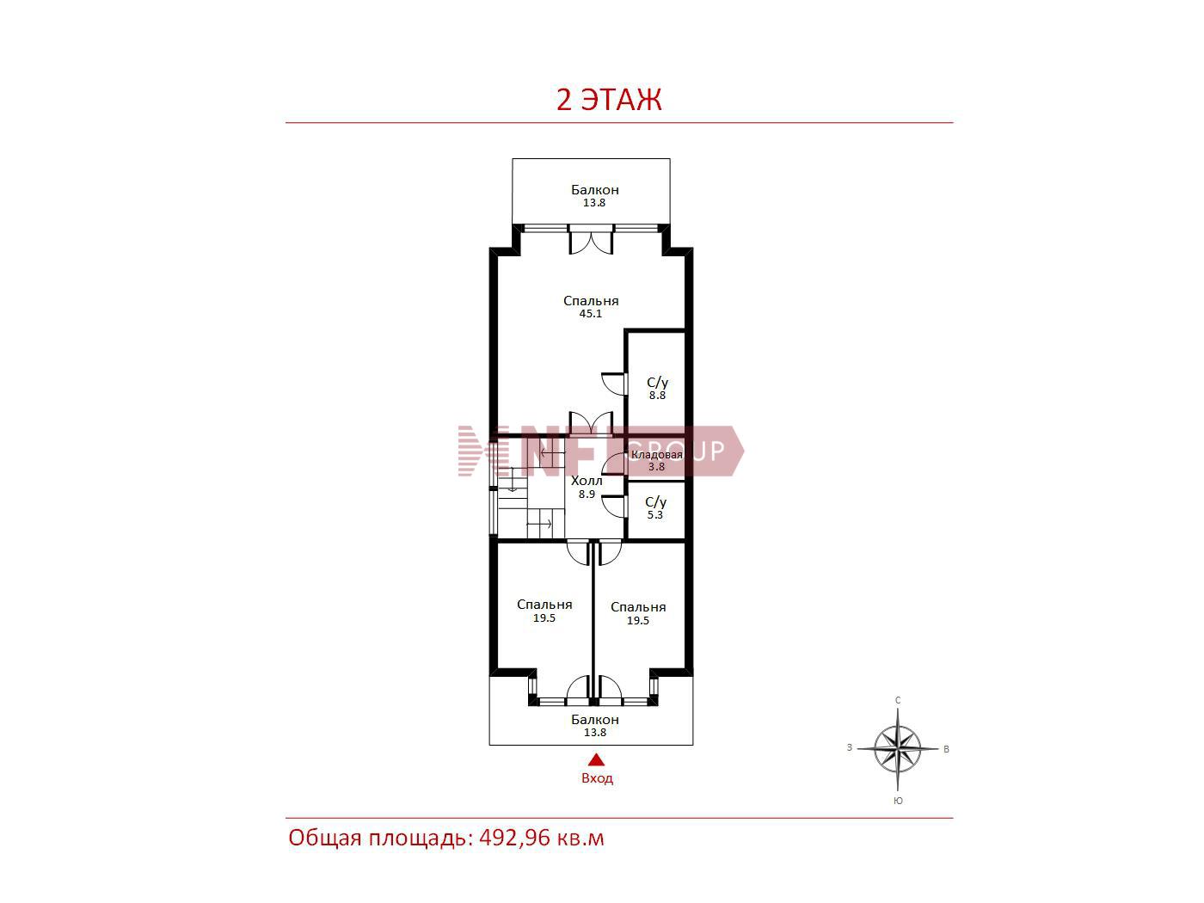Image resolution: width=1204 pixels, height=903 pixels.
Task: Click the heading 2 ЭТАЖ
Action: (x=609, y=100)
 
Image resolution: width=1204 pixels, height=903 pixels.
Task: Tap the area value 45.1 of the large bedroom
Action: (x=591, y=314)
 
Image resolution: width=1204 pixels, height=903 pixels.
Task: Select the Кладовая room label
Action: (x=656, y=454)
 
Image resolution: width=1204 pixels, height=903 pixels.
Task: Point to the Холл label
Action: (x=587, y=480)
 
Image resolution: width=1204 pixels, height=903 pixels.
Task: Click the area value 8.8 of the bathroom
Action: (x=657, y=395)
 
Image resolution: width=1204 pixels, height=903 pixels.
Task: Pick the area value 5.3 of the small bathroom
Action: (x=655, y=514)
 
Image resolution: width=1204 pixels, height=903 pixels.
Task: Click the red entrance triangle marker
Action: (x=596, y=760)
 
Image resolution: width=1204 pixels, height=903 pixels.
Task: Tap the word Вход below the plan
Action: (x=597, y=777)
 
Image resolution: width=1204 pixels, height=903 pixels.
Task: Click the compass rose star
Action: (x=897, y=748)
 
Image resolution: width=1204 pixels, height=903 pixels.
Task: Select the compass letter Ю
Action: (x=898, y=801)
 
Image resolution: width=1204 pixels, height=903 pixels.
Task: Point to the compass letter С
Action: (x=898, y=700)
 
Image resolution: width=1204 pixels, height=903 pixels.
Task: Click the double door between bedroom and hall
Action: (x=591, y=423)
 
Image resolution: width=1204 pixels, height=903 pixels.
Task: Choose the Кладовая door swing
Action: (x=614, y=464)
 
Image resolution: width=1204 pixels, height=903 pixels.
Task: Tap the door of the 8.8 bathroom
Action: (x=614, y=384)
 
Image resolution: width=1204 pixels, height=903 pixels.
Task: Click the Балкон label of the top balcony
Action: (x=594, y=190)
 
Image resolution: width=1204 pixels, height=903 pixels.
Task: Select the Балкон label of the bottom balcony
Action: (x=594, y=719)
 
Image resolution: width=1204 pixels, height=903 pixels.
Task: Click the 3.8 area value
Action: (x=656, y=467)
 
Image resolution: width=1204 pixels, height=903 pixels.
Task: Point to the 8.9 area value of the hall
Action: (x=587, y=494)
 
